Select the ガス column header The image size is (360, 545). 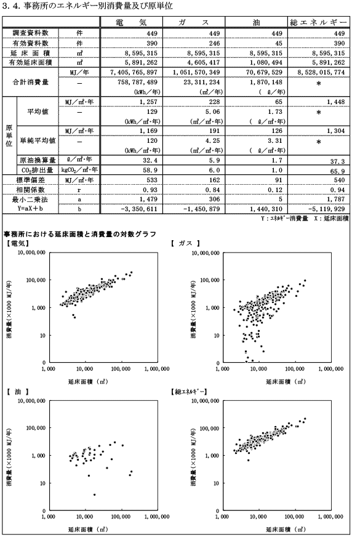pos(194,22)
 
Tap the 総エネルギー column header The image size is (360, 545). pos(319,22)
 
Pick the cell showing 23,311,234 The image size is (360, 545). pos(198,83)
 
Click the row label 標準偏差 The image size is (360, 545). pos(31,180)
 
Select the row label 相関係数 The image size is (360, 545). pos(31,190)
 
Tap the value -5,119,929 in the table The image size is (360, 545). pos(327,209)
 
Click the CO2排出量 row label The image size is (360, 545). pos(36,170)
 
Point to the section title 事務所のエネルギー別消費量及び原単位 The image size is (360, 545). pos(98,6)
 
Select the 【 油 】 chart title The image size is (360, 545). pos(17,392)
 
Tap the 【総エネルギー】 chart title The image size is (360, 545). pos(189,392)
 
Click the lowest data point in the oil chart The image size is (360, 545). pos(94,495)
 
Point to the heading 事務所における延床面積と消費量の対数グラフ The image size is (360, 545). pos(80,234)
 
